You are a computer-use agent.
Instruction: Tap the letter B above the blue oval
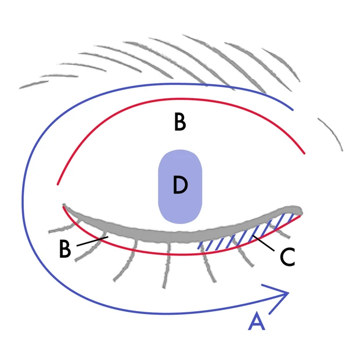click(180, 123)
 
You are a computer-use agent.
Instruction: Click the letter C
click(287, 256)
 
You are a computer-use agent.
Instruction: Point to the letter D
click(180, 185)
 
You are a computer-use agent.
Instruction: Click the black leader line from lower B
click(91, 240)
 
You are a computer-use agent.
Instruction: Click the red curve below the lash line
click(174, 254)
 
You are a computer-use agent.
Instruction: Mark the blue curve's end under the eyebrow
click(293, 109)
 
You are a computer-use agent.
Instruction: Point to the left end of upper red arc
click(57, 184)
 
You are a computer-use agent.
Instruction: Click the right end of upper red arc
click(304, 154)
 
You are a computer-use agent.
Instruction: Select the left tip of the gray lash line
click(64, 206)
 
